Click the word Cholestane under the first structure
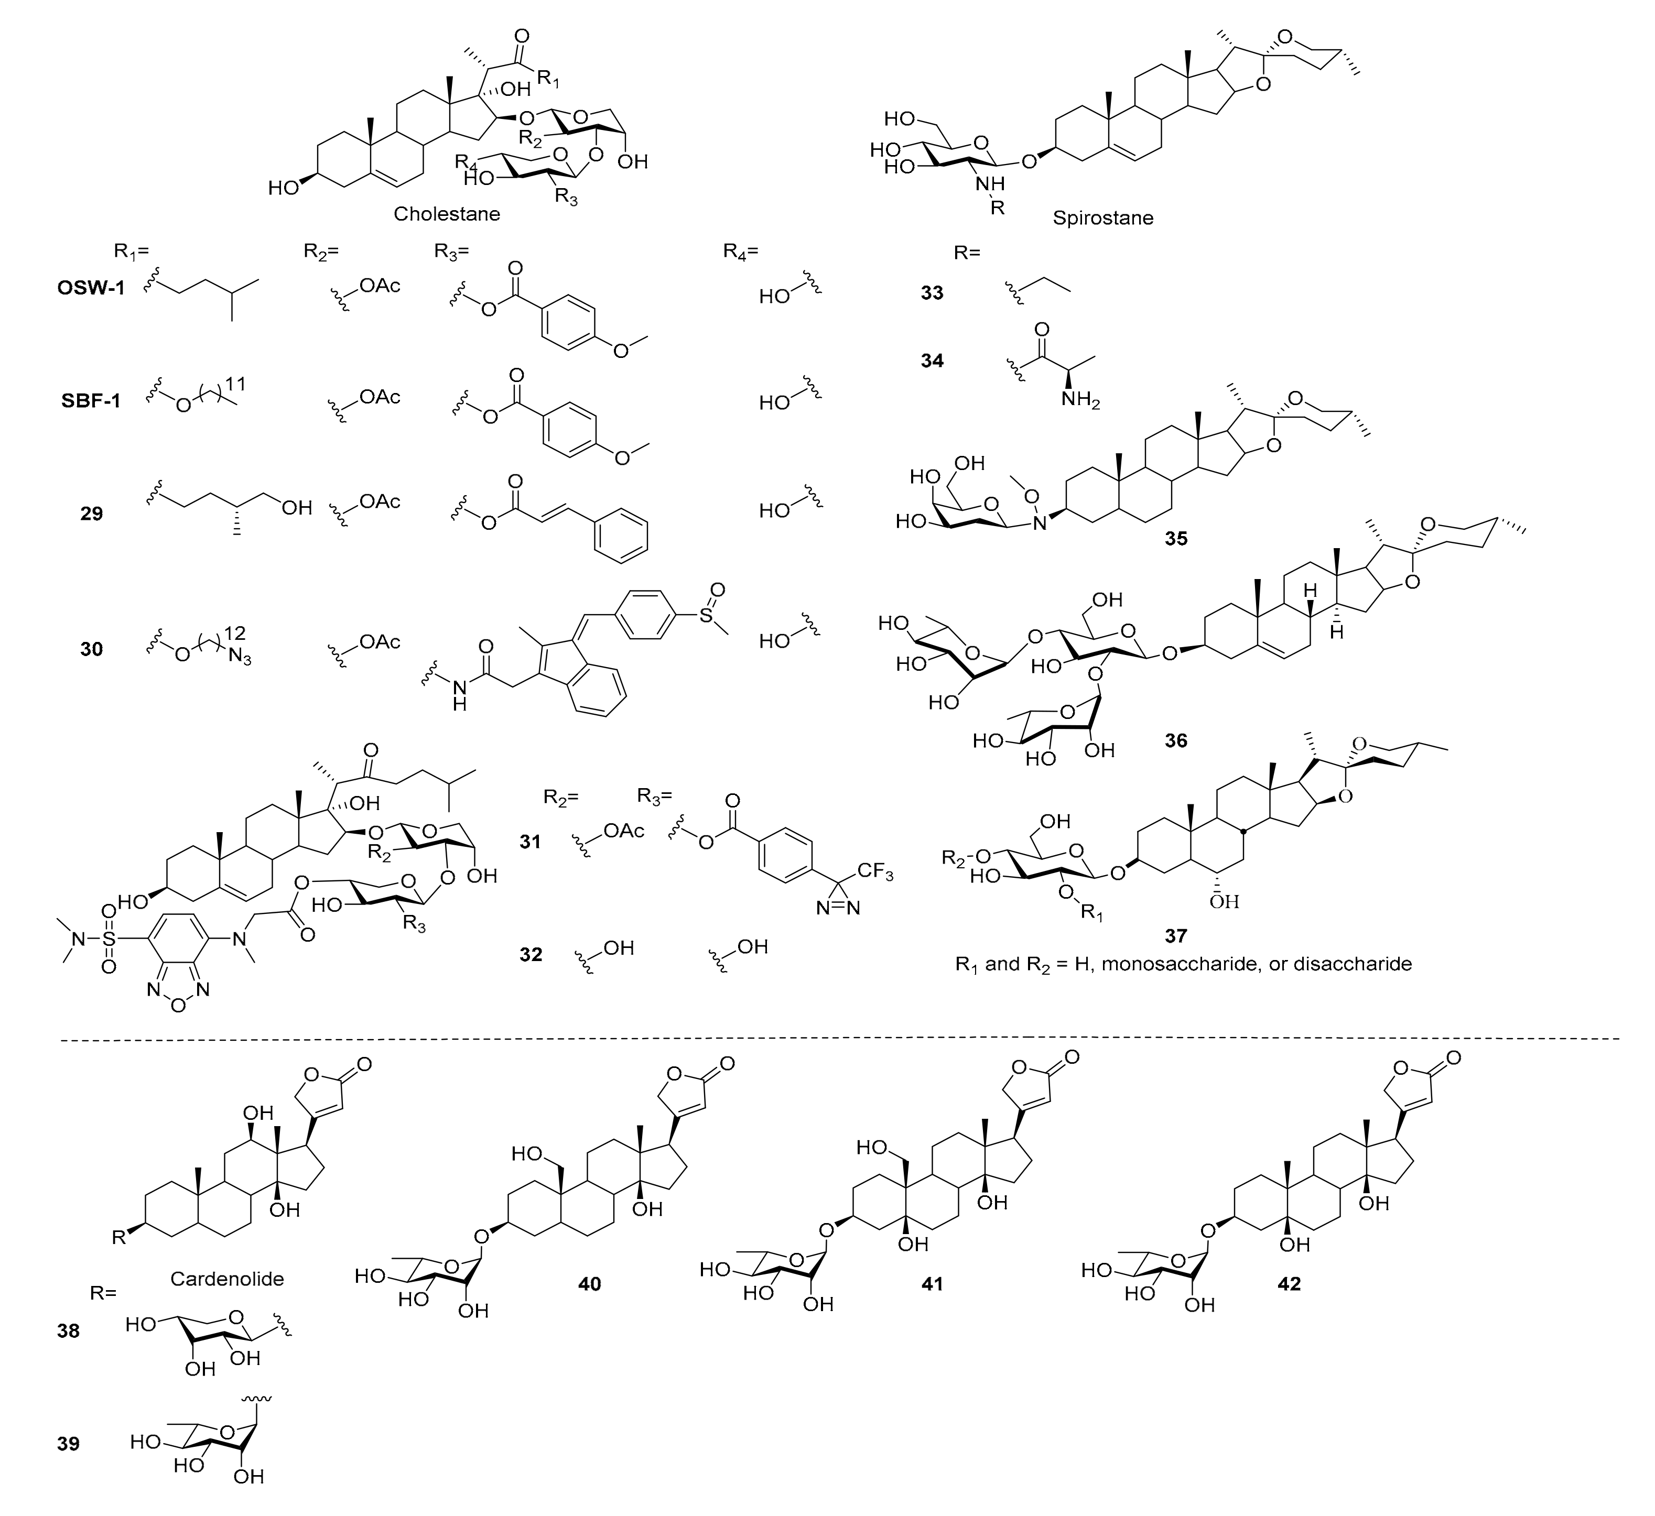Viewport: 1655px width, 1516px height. pyautogui.click(x=447, y=214)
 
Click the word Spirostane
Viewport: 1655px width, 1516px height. pyautogui.click(x=1102, y=219)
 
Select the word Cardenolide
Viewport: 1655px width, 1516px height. pyautogui.click(x=228, y=1278)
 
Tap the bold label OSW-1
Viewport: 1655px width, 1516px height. pyautogui.click(x=90, y=289)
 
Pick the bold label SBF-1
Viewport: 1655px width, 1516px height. pyautogui.click(x=90, y=402)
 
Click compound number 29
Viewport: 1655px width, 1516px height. pyautogui.click(x=91, y=515)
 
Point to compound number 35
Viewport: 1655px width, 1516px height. pyautogui.click(x=1175, y=539)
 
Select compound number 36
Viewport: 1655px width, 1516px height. pyautogui.click(x=1175, y=740)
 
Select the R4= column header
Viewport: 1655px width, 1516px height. pyautogui.click(x=741, y=251)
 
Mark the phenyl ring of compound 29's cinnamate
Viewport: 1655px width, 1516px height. pyautogui.click(x=621, y=535)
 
